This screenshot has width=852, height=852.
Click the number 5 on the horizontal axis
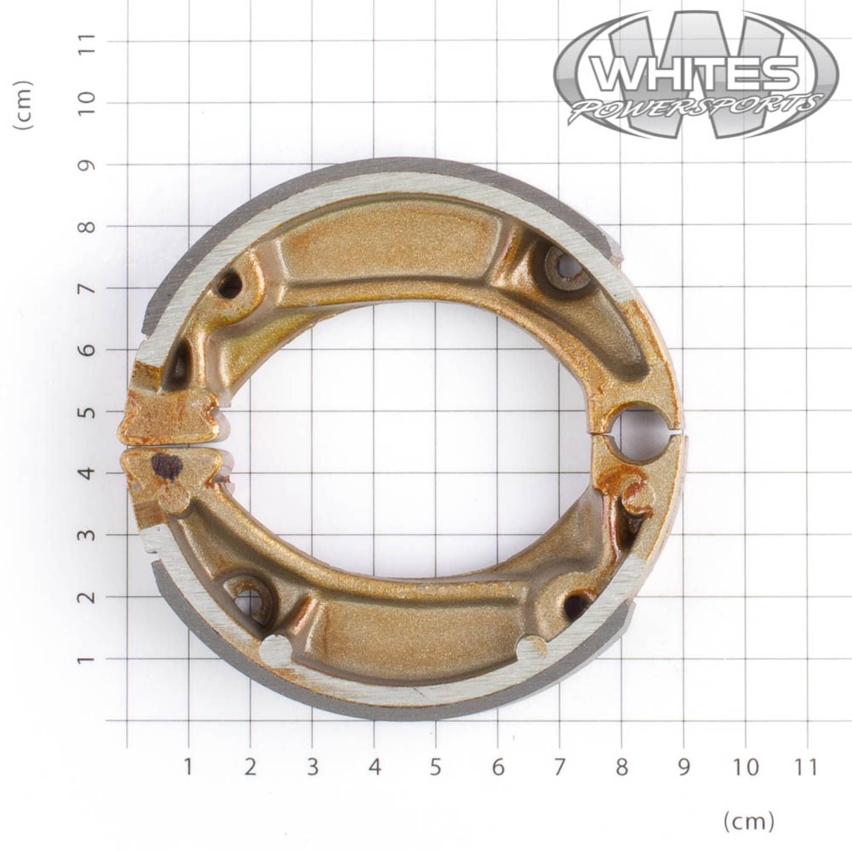point(436,767)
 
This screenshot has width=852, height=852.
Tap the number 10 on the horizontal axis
point(745,767)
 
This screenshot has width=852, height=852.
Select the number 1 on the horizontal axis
point(188,767)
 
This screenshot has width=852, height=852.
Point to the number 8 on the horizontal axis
point(621,767)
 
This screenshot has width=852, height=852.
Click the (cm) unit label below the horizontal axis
point(748,821)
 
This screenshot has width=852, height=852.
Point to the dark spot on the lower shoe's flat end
point(167,466)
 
